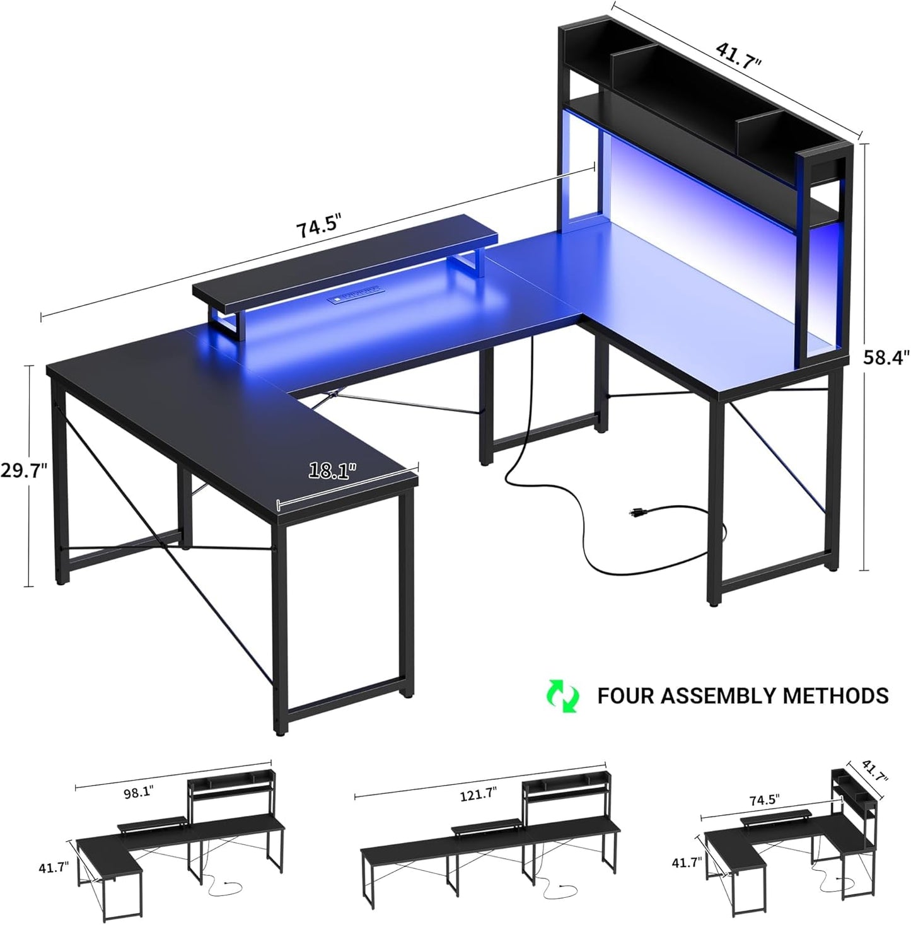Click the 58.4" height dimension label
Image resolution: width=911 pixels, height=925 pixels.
886,358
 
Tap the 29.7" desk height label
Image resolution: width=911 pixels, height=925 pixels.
23,470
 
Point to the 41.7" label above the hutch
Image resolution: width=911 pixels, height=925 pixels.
738,55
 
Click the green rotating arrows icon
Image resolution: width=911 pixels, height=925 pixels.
563,695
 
